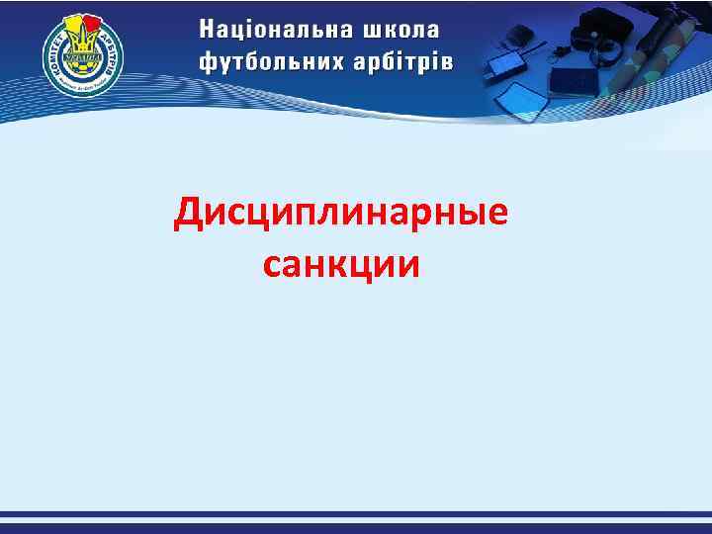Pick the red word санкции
pyautogui.click(x=341, y=264)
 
